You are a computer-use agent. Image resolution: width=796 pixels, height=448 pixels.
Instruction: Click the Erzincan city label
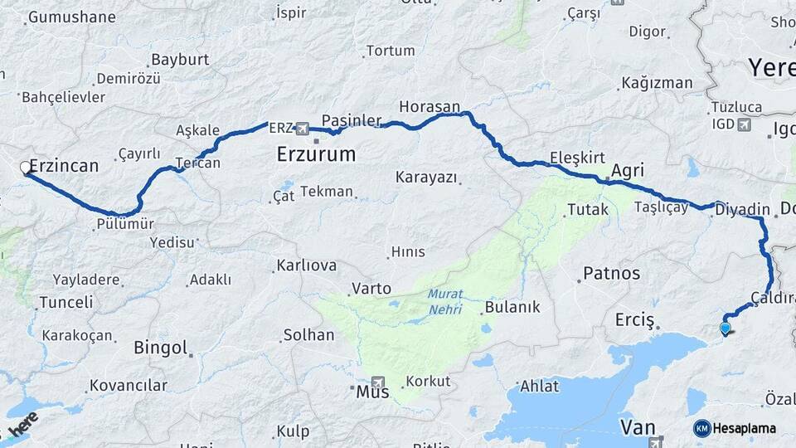point(64,166)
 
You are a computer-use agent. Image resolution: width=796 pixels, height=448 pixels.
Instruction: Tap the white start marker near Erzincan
point(26,168)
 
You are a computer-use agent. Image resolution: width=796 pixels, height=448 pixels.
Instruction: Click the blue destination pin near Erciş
point(726,329)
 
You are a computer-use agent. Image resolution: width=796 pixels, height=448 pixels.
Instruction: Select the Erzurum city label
point(316,154)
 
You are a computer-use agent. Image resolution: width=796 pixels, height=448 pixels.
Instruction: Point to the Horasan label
point(429,107)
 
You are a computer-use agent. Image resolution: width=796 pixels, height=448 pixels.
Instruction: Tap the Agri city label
point(627,171)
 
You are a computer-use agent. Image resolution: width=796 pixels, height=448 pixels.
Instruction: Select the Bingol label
point(160,348)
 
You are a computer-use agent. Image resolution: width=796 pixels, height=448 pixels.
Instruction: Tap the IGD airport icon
point(742,124)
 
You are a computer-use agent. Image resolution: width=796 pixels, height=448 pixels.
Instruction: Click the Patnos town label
point(612,273)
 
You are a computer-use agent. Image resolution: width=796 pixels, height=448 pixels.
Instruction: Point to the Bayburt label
point(180,60)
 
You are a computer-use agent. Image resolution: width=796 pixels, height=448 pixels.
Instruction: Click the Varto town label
point(371,289)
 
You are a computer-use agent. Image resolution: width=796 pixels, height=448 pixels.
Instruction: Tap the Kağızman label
point(656,83)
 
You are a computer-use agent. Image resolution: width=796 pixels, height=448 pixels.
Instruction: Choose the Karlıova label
point(306,266)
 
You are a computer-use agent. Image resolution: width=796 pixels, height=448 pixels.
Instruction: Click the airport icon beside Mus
point(380,385)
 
